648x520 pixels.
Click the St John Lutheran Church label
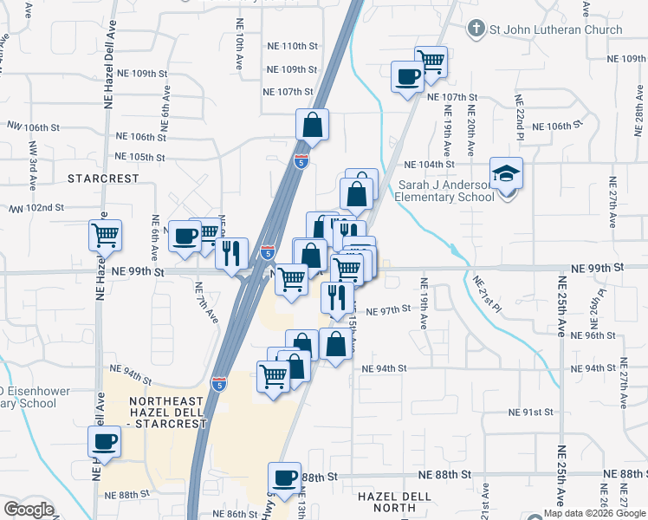click(555, 29)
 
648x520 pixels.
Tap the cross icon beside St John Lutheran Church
click(475, 29)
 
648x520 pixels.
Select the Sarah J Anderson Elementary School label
click(444, 191)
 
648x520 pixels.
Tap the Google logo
click(29, 510)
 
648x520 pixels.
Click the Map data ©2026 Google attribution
click(594, 513)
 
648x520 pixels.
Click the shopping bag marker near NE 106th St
click(312, 126)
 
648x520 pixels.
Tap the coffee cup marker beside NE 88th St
click(284, 478)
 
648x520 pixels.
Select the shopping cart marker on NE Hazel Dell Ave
click(105, 235)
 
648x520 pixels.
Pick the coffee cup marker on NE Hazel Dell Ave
click(105, 442)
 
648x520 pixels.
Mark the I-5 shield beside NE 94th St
click(220, 383)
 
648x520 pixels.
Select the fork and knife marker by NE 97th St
click(336, 297)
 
